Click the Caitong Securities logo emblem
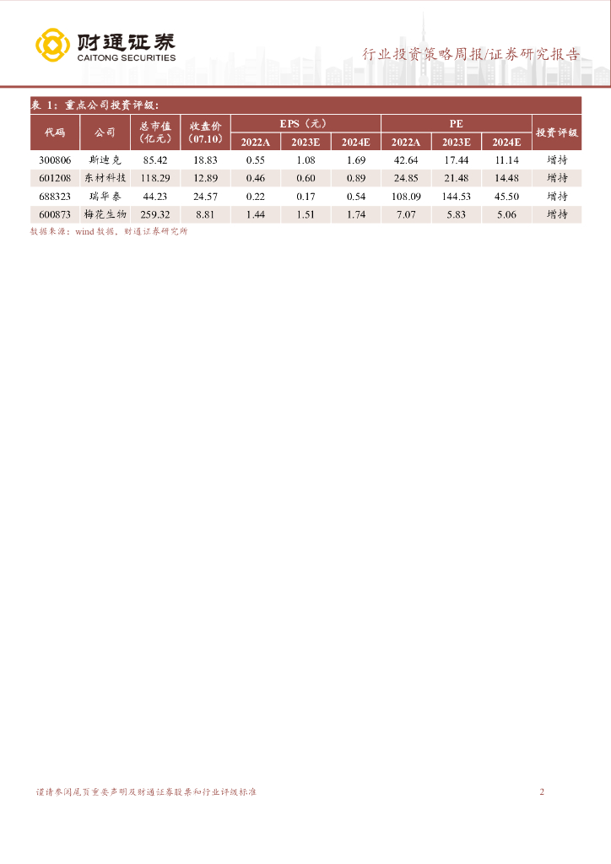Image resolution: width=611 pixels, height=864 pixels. pyautogui.click(x=52, y=46)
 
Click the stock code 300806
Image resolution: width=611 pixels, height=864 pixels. pyautogui.click(x=55, y=159)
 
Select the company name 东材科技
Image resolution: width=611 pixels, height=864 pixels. pyautogui.click(x=105, y=178)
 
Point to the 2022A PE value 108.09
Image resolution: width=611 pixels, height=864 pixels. pyautogui.click(x=406, y=197)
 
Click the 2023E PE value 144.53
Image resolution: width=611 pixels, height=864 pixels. pyautogui.click(x=457, y=197)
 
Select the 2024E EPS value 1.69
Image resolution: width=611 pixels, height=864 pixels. pyautogui.click(x=356, y=159)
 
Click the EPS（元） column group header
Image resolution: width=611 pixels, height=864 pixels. pyautogui.click(x=305, y=123)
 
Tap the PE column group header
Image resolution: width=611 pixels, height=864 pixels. pyautogui.click(x=457, y=123)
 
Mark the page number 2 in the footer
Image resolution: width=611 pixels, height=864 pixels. pyautogui.click(x=542, y=792)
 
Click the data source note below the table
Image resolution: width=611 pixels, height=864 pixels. pyautogui.click(x=108, y=231)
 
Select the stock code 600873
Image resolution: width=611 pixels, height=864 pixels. pyautogui.click(x=55, y=214)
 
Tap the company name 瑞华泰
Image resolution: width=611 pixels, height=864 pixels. pyautogui.click(x=105, y=197)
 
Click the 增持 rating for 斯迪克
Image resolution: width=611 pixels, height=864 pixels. pyautogui.click(x=557, y=159)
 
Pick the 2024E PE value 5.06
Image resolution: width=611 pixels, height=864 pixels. pyautogui.click(x=506, y=214)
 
